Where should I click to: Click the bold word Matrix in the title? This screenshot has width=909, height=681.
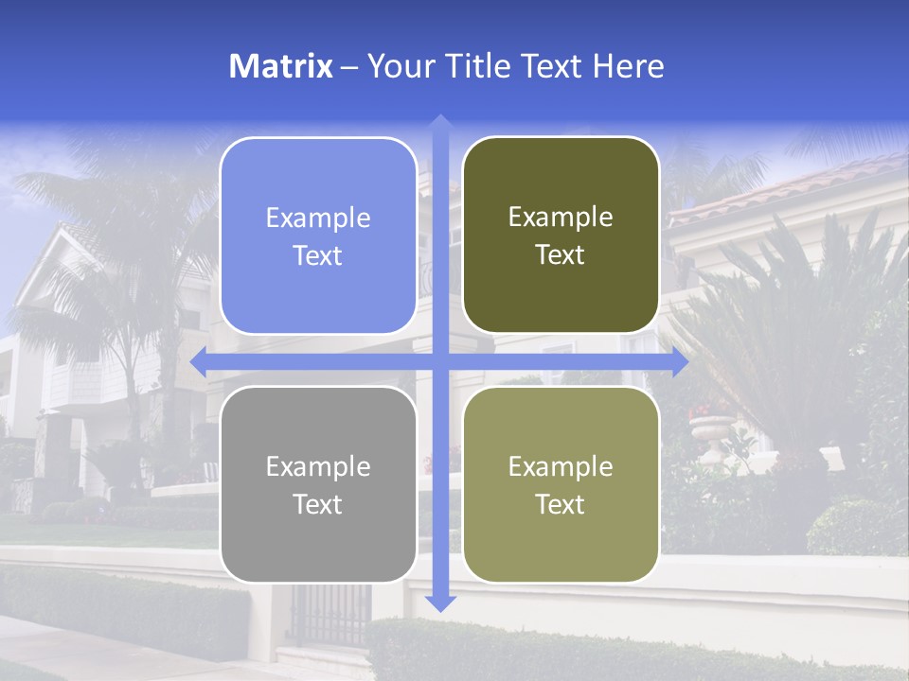[281, 66]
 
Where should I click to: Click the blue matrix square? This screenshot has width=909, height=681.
[318, 236]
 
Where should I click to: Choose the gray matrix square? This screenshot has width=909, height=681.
[318, 484]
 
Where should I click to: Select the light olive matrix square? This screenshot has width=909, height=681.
[561, 484]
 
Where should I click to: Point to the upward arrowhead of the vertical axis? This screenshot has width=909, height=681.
[439, 122]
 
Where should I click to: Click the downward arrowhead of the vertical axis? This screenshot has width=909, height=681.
[439, 602]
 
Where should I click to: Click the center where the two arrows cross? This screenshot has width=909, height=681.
[439, 362]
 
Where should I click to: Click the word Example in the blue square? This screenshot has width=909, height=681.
[318, 218]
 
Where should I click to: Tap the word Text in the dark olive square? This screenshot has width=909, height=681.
[561, 254]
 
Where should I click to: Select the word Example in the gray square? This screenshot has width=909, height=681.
[318, 467]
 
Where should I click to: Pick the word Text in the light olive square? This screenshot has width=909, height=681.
[561, 504]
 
